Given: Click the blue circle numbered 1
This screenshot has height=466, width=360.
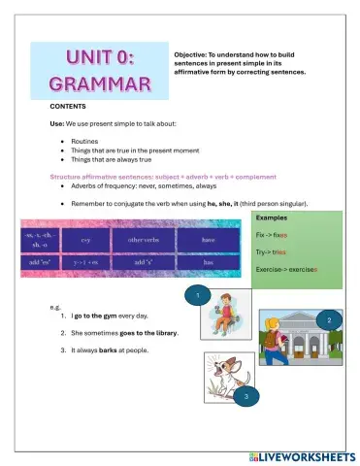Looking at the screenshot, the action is (x=197, y=293).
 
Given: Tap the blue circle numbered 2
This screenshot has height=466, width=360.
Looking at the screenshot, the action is (x=330, y=320).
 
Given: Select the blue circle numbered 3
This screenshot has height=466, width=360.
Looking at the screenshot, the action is (x=246, y=396).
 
